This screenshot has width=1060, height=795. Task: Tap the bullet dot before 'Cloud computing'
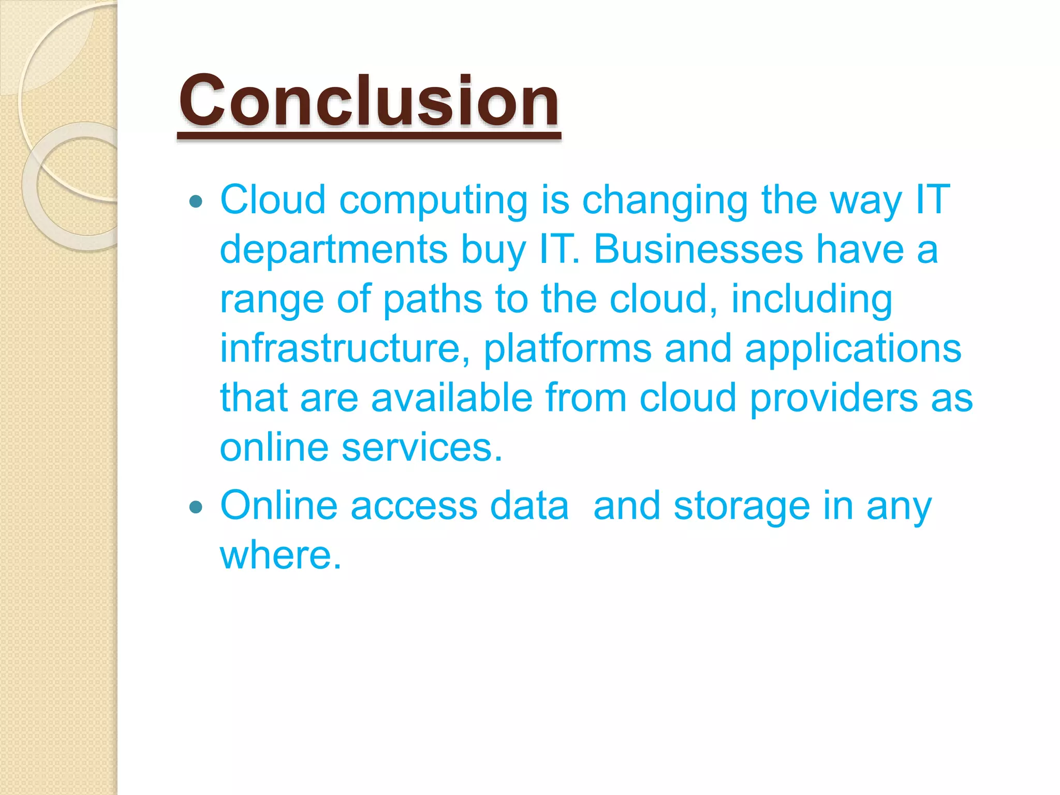coord(196,201)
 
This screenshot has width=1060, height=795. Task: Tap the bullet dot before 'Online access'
coord(196,507)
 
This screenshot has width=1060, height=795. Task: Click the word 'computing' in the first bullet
coord(433,201)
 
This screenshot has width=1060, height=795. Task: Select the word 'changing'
coord(665,201)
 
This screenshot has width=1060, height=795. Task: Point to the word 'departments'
coord(334,249)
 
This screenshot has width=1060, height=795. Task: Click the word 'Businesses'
coord(698,249)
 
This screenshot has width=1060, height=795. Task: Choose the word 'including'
coord(812,299)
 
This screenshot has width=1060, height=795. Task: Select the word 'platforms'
coord(567,349)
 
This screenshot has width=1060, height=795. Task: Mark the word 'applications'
coord(853,349)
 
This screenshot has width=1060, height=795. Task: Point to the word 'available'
coord(452,397)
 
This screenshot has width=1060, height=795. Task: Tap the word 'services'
coord(422,447)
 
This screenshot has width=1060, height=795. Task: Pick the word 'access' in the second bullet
coord(414,506)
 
